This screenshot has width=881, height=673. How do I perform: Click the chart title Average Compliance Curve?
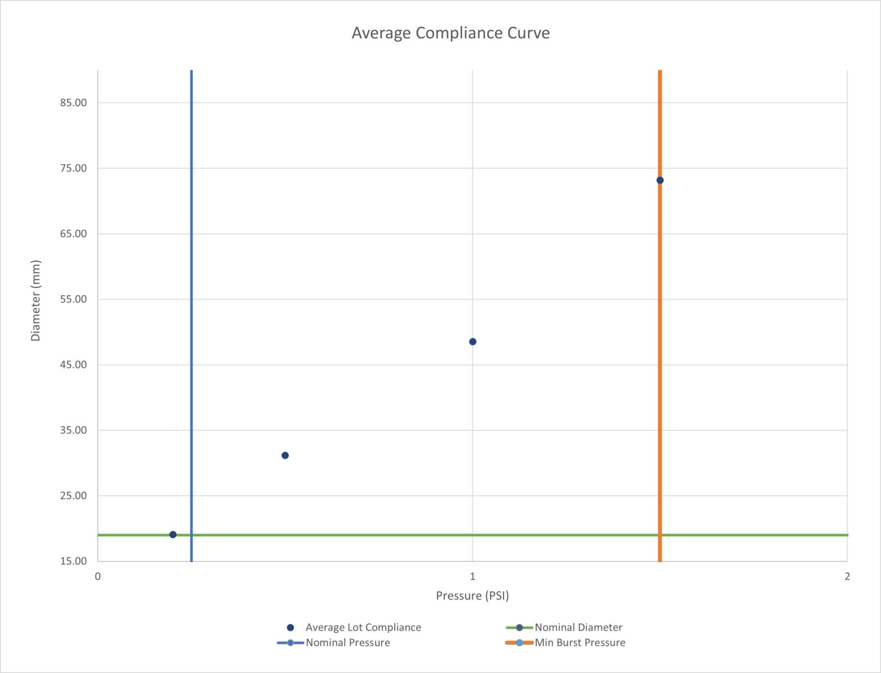point(450,33)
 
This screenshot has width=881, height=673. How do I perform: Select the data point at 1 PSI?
point(473,342)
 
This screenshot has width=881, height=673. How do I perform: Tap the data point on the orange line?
point(660,180)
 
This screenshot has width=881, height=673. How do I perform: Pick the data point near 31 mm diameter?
point(285,456)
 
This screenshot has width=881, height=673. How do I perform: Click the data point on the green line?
point(173,535)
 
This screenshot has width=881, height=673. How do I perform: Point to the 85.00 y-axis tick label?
point(73,103)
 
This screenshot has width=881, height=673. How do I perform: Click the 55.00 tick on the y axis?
point(73,299)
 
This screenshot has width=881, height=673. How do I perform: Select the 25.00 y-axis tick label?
point(73,496)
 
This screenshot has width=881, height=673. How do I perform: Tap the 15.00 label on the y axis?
point(73,561)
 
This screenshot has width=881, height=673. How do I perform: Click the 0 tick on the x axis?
point(98,576)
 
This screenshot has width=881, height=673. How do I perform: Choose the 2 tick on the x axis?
point(847,576)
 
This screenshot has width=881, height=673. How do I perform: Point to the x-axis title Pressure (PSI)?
point(472,596)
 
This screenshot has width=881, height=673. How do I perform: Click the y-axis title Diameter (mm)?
point(36,301)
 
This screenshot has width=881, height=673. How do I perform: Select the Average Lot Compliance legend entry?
point(363,628)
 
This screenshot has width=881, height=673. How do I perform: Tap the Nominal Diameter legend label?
point(578,628)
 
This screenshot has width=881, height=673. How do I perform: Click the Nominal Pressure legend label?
point(348,643)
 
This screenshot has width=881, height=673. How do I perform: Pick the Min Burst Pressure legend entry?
point(580,643)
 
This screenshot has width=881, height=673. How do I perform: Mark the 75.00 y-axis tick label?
point(73,168)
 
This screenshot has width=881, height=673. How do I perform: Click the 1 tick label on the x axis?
point(473,576)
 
